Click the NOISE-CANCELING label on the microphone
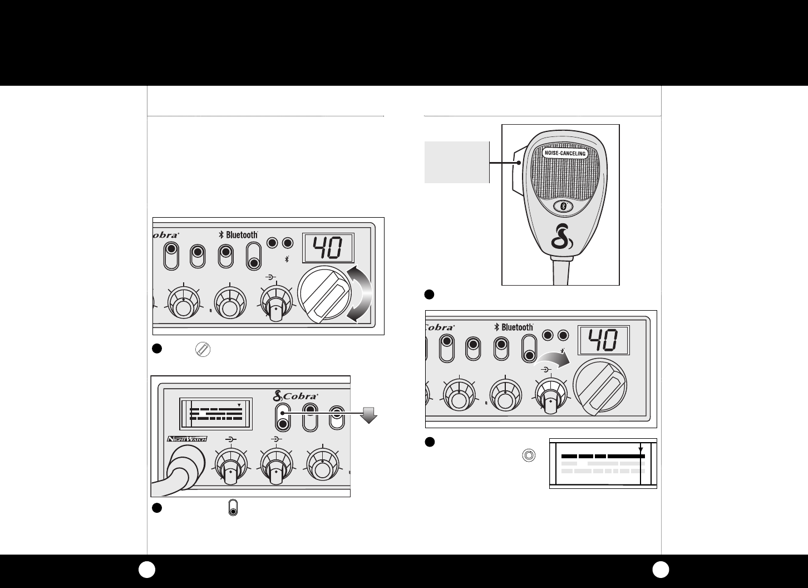pyautogui.click(x=565, y=153)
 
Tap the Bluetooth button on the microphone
pyautogui.click(x=563, y=207)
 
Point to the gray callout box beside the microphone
pyautogui.click(x=457, y=162)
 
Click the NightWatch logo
pyautogui.click(x=187, y=439)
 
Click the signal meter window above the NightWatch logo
pyautogui.click(x=215, y=414)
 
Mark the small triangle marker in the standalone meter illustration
pyautogui.click(x=641, y=449)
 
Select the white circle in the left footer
pyautogui.click(x=147, y=569)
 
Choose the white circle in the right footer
pyautogui.click(x=661, y=569)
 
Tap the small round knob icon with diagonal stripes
pyautogui.click(x=204, y=350)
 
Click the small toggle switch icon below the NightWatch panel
pyautogui.click(x=234, y=508)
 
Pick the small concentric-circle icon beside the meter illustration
pyautogui.click(x=529, y=455)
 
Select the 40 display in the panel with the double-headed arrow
pyautogui.click(x=328, y=247)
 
